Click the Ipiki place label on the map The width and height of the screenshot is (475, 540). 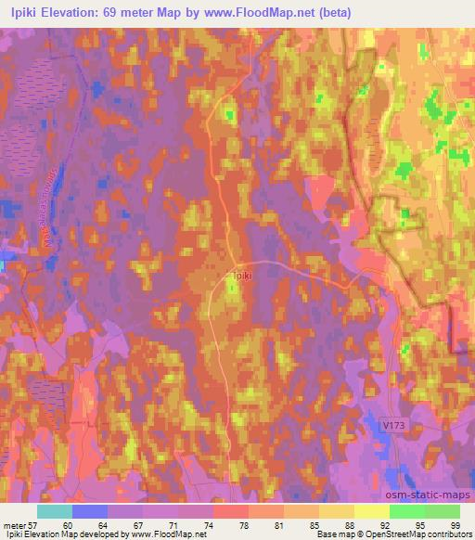click(240, 275)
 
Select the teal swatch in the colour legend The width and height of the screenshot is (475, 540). click(55, 511)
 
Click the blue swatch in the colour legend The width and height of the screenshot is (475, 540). click(90, 511)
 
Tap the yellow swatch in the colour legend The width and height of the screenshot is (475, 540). click(371, 511)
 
